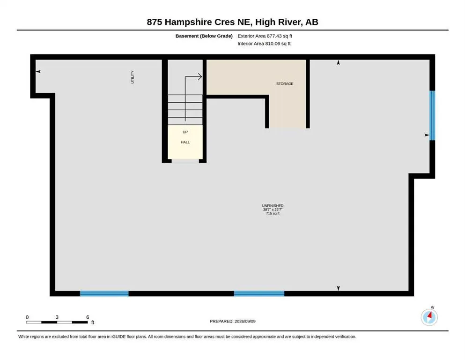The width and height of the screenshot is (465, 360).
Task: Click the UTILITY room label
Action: (133, 77)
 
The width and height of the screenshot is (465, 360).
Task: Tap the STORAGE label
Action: (285, 84)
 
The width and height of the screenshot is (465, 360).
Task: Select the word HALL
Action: (185, 142)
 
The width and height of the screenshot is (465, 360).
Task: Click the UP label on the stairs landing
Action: (185, 132)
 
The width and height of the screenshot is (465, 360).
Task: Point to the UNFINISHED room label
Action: (273, 206)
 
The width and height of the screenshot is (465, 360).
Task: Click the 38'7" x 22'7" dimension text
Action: (273, 210)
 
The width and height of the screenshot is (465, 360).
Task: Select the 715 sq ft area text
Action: (273, 213)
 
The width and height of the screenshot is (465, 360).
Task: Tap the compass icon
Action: (429, 317)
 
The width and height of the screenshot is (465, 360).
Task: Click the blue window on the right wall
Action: (432, 115)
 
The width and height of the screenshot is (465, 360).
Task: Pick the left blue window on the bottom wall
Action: (104, 293)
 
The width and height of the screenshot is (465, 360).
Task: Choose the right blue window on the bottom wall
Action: (259, 293)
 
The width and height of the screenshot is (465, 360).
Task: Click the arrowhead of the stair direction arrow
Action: (200, 77)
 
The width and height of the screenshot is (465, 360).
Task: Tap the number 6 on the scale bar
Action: (88, 317)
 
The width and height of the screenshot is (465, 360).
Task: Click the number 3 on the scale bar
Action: (57, 317)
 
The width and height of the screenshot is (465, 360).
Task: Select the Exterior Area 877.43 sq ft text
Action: (265, 36)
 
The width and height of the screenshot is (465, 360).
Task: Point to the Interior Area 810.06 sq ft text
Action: (264, 44)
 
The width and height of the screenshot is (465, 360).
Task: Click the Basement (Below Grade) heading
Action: (204, 36)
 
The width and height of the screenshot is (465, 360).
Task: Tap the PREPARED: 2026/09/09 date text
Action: (232, 321)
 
